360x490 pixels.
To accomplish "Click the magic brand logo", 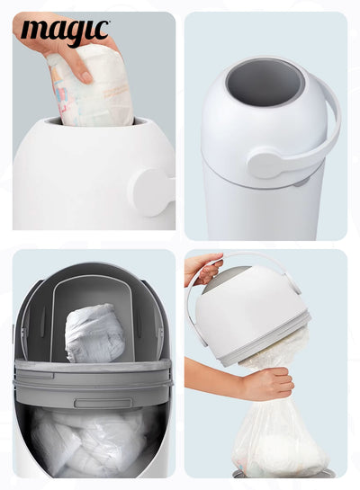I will coord(64,32).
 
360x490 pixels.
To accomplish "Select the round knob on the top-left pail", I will coord(150,192).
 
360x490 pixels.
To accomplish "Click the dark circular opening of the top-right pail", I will coord(264,82).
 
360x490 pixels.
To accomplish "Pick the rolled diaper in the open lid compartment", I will coord(94,332).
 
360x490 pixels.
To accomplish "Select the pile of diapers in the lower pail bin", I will coord(90,441).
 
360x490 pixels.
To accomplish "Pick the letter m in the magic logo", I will coord(33,33).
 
